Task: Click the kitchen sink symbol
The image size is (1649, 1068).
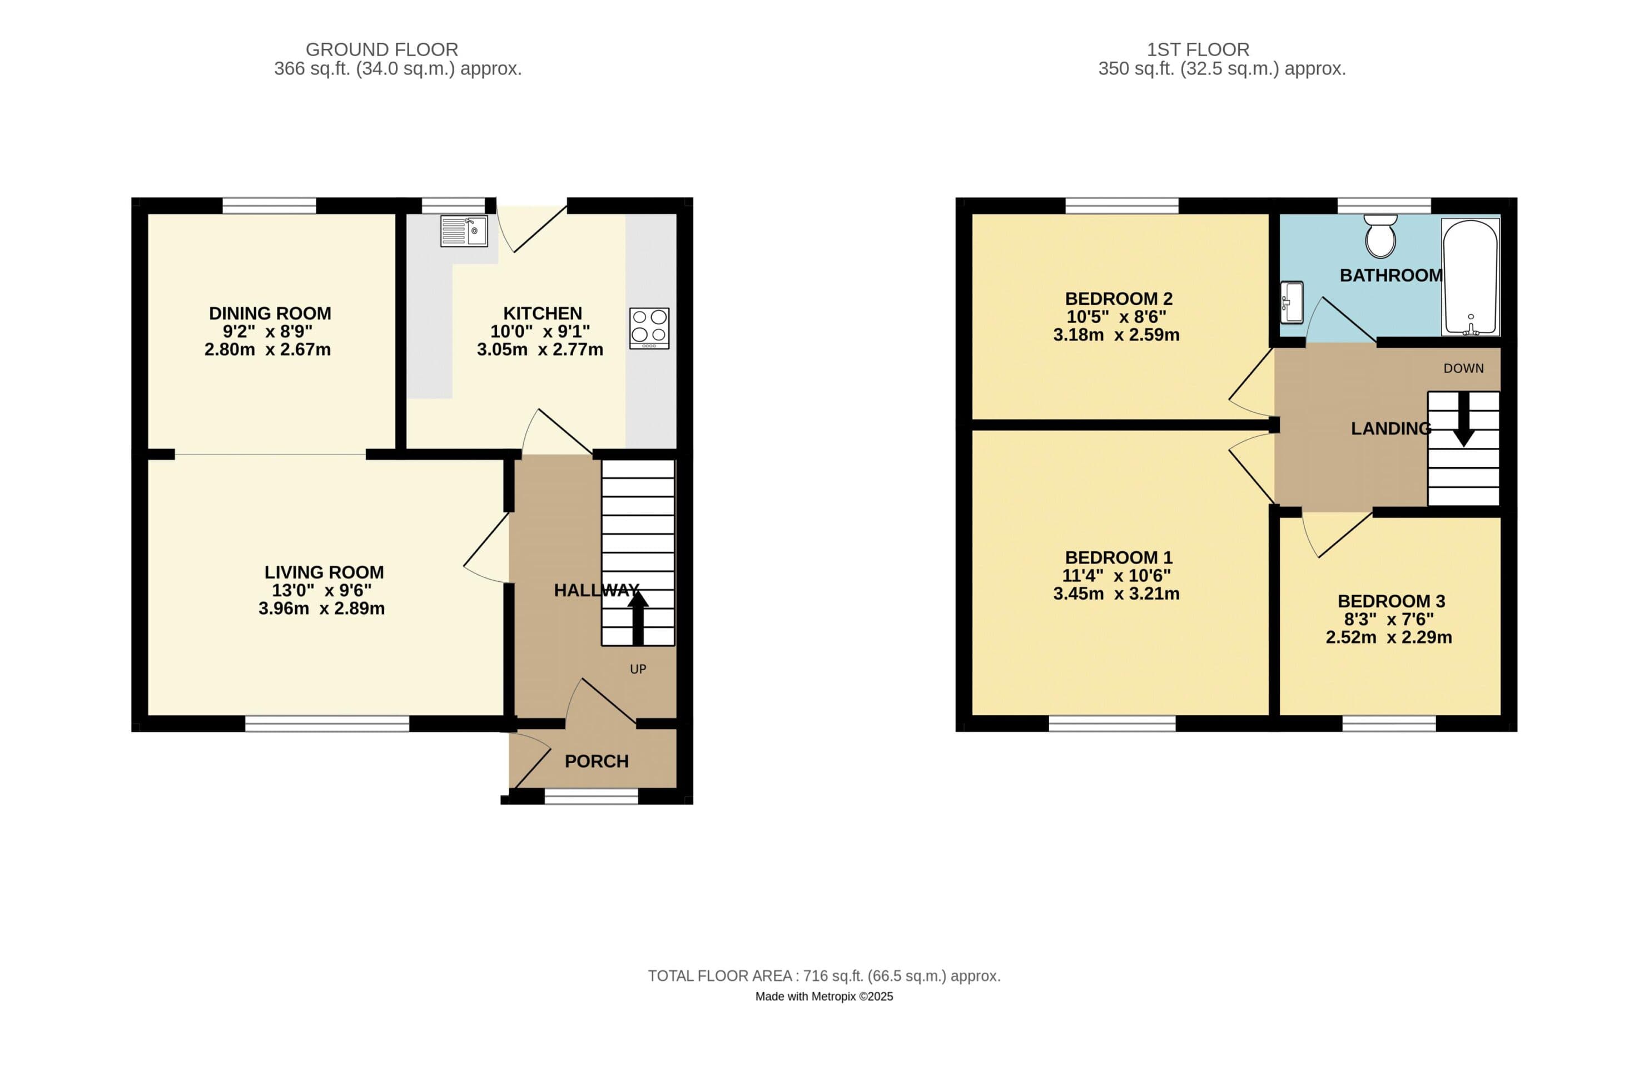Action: (464, 231)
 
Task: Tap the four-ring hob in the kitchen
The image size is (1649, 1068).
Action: (649, 328)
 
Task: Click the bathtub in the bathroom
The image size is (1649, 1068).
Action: (1470, 277)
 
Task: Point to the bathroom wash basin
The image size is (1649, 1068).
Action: (1292, 301)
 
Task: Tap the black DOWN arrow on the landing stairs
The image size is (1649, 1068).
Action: (1463, 420)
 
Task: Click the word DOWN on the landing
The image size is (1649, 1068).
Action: (1463, 368)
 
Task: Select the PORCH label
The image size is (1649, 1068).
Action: (597, 761)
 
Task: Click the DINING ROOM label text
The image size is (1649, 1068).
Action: (270, 313)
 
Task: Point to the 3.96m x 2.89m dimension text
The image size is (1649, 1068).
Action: (321, 609)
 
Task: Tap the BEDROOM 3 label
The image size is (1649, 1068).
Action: (1390, 601)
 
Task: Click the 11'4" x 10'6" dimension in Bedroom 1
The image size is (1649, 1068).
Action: (1116, 575)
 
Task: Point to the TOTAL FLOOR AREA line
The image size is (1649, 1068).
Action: (824, 976)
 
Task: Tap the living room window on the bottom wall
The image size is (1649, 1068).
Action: (327, 724)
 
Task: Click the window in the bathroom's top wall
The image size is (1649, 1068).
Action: (1384, 205)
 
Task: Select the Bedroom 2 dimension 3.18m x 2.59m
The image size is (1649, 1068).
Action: (1116, 335)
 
